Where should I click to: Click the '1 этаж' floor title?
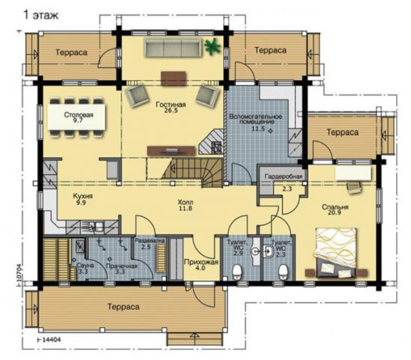coord(41,15)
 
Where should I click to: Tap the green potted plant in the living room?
coord(213,46)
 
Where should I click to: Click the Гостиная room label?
coord(170,105)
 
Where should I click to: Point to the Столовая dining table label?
coord(79,115)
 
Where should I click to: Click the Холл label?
coord(185,202)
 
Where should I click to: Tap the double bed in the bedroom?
coord(336,252)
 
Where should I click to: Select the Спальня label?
coord(335,207)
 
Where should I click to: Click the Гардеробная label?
coord(283,176)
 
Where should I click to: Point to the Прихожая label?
coord(201,262)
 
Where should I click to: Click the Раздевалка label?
coord(150,240)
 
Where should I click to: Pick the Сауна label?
coord(85,265)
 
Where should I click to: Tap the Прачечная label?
coord(121,266)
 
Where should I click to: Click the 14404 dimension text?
coord(51,339)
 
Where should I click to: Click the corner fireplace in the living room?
coord(212,142)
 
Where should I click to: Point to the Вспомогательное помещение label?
coord(256,119)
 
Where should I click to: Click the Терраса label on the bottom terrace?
coord(124,307)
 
